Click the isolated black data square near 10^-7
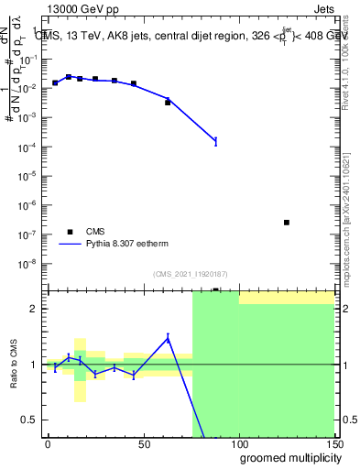(287, 223)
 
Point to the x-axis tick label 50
(143, 444)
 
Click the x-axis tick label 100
(238, 444)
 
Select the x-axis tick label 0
(48, 444)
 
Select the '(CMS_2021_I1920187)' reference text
(191, 274)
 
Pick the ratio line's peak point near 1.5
(168, 338)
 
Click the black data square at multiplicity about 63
(168, 103)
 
